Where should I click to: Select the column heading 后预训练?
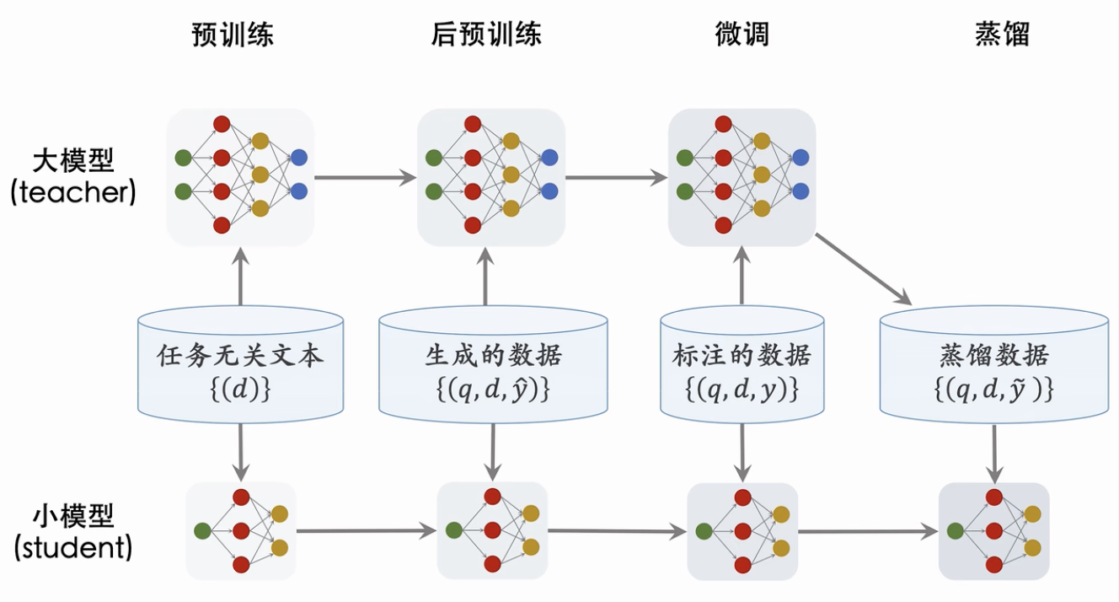tap(486, 34)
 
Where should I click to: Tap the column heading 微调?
tap(742, 34)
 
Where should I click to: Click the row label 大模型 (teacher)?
tap(73, 177)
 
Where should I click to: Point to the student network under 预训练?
tap(241, 531)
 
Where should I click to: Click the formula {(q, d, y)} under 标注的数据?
tap(742, 390)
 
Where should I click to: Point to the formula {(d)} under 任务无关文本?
tap(241, 390)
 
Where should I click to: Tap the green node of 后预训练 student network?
tap(454, 530)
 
